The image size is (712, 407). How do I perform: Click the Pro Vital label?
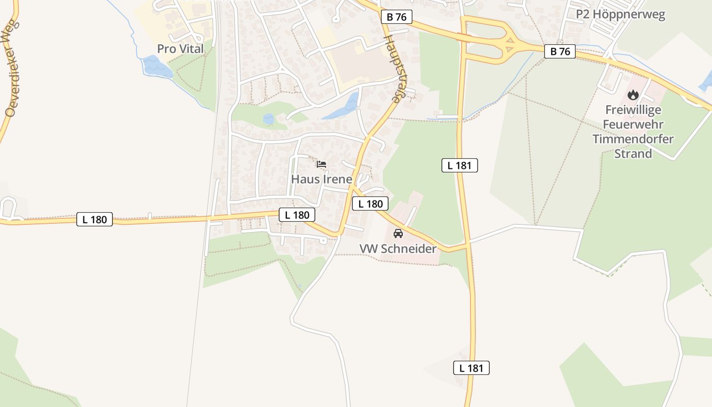coord(180,49)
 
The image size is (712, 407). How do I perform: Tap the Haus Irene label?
coord(321,179)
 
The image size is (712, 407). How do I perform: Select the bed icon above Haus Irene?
coord(321,164)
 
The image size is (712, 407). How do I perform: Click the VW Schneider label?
coord(398,249)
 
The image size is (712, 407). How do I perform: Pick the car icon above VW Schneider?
coord(398,234)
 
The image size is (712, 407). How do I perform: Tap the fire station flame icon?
coord(633,95)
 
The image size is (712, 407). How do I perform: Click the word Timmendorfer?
coord(633,139)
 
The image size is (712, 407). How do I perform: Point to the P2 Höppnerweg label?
coord(620,15)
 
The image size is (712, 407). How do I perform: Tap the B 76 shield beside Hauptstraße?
coord(397,17)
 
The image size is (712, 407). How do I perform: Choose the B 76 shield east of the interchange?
coord(560,51)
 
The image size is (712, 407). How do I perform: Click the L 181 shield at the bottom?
coord(471,368)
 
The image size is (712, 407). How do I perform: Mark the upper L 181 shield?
coord(460,165)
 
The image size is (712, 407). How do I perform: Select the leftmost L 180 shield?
coord(95,219)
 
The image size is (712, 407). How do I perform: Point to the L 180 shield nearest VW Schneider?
coord(370,204)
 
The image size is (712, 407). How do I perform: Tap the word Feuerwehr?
coord(633,124)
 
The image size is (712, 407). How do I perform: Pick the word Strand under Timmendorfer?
coord(633,154)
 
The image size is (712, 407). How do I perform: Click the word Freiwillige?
coord(633,110)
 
